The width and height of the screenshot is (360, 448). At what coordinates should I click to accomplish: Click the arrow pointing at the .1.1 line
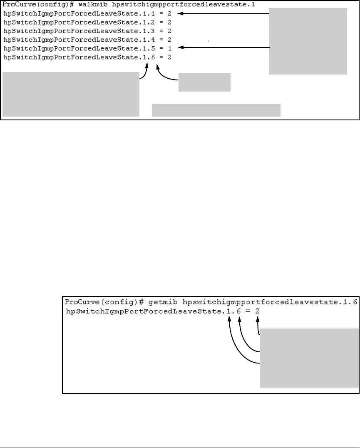point(225,14)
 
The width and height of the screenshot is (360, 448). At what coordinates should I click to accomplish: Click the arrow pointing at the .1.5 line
point(225,49)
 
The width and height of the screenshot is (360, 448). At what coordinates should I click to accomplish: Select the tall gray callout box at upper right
point(308,41)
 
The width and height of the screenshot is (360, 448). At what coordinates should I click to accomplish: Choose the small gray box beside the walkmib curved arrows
point(204,82)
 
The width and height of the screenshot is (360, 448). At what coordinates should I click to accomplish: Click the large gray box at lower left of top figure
point(71,94)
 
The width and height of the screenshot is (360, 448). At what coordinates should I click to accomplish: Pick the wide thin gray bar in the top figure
point(216,110)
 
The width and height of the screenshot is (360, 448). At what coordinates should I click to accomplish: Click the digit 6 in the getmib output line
point(239,311)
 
